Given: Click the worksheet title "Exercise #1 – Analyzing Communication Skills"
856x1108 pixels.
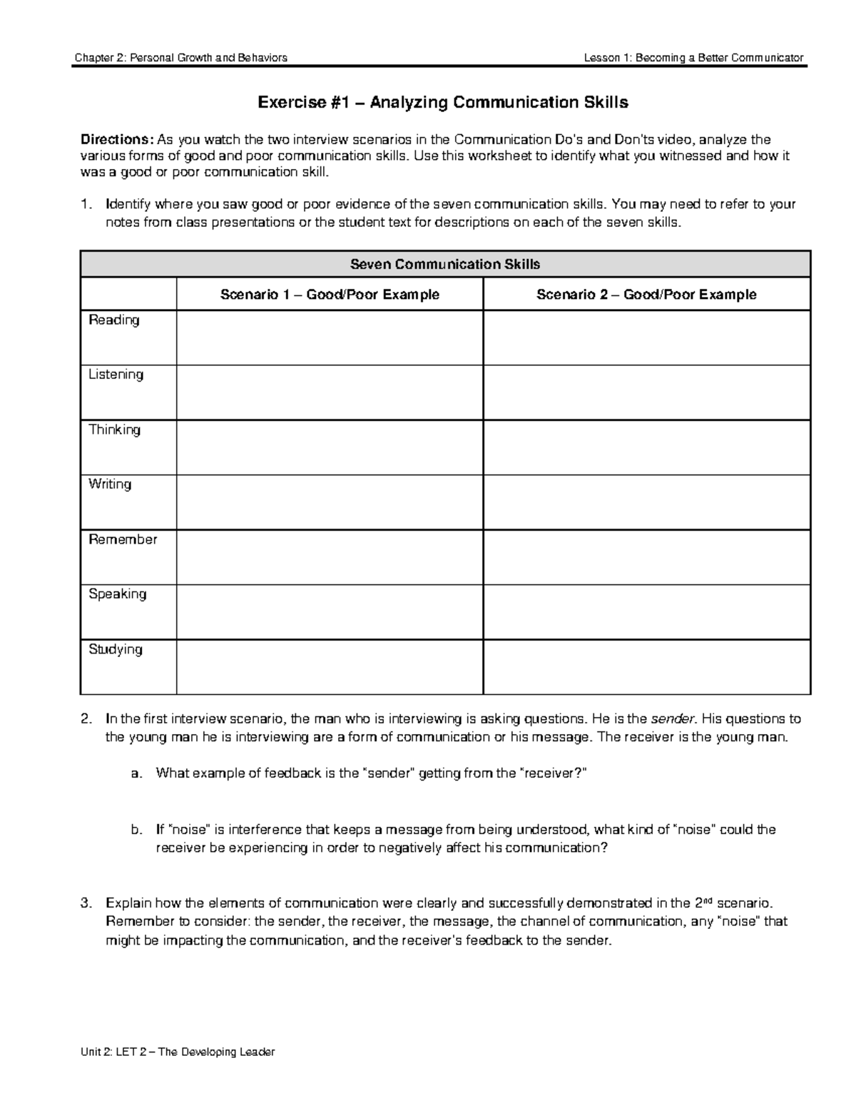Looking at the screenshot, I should [x=442, y=103].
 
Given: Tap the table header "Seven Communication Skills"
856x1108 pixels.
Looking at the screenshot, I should [x=445, y=264].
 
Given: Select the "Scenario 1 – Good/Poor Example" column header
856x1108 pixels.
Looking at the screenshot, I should [x=330, y=295].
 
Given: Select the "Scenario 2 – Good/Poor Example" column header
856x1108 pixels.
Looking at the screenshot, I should [x=646, y=295].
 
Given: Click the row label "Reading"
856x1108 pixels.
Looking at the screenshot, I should [x=114, y=320].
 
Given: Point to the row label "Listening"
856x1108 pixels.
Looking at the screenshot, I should [x=116, y=375].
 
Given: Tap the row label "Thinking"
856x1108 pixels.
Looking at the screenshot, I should [x=114, y=430].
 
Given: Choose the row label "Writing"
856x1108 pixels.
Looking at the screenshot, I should [x=110, y=484].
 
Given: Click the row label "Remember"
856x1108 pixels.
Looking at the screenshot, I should [x=123, y=539].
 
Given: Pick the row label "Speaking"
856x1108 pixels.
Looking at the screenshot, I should [x=117, y=594].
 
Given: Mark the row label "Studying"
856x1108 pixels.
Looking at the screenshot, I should [x=116, y=649].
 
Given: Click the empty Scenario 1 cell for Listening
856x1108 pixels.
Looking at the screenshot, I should [x=330, y=392].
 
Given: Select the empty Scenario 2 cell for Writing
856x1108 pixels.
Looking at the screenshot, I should [x=646, y=502].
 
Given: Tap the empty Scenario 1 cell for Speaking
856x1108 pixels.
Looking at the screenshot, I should [x=330, y=612].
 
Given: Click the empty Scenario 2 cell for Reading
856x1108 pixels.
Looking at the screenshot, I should [x=646, y=338].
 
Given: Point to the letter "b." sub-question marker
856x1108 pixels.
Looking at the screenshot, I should [x=137, y=830].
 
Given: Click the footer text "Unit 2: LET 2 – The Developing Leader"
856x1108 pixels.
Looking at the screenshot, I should [x=178, y=1052].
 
